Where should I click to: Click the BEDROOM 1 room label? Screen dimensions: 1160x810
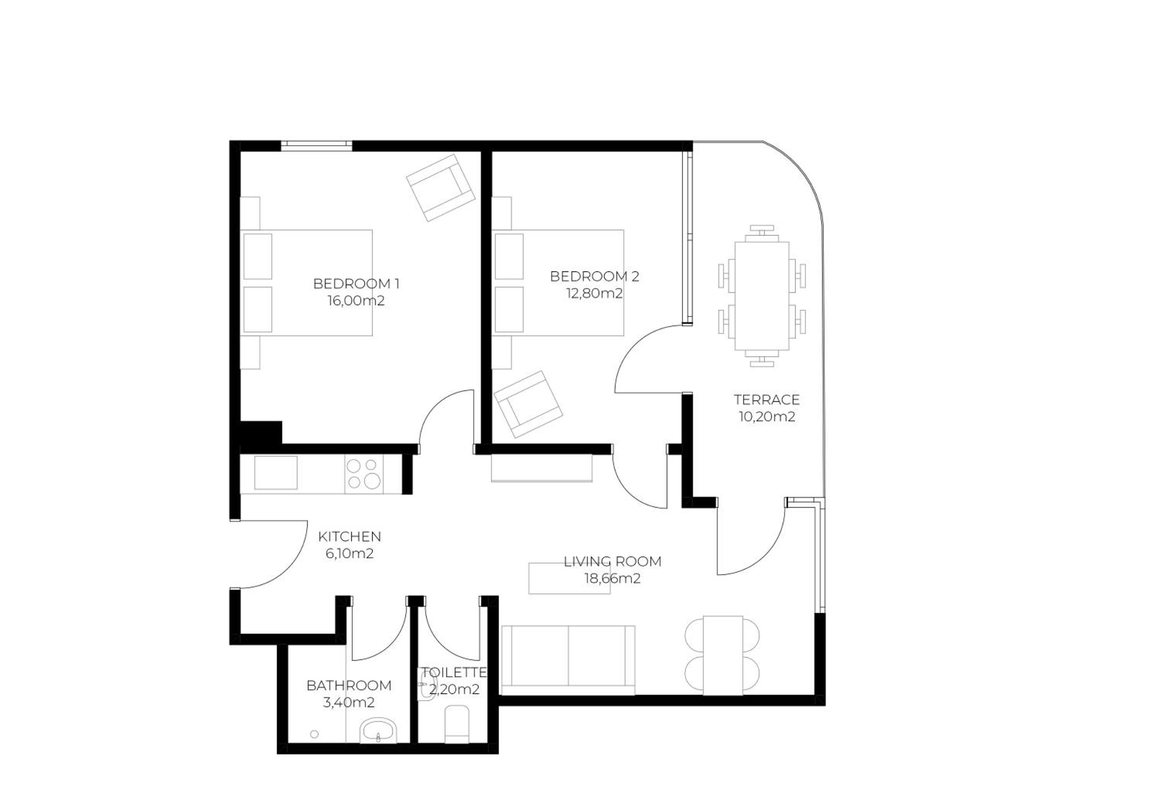point(356,284)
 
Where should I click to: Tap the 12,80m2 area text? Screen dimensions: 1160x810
point(594,293)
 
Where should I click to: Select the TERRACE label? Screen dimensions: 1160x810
point(766,400)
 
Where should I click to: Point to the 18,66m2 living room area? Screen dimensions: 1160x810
point(612,578)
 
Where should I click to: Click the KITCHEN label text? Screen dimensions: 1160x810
point(350,536)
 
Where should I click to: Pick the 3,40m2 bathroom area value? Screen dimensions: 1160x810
point(349,703)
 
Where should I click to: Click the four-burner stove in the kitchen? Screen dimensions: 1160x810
point(364,474)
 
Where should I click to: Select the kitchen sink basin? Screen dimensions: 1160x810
point(275,473)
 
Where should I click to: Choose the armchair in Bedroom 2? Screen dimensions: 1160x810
point(528,404)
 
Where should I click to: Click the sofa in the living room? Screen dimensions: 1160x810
point(568,660)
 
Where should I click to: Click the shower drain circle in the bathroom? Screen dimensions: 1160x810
point(314,734)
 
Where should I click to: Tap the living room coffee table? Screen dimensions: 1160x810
point(570,578)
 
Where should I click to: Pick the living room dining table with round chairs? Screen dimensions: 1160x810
point(722,655)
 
